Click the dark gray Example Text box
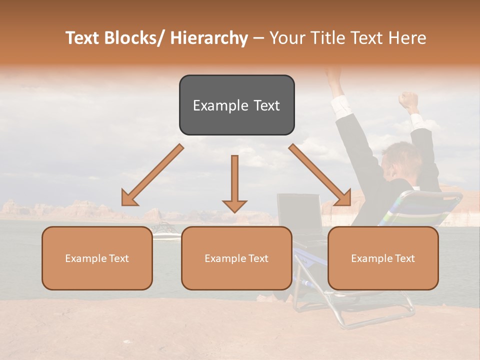point(236,105)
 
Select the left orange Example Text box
point(97,258)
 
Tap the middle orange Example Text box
point(236,258)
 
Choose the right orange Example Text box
point(383,258)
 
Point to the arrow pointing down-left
point(152,175)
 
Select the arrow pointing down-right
point(320,175)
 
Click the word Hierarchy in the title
point(209,38)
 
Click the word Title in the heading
point(324,38)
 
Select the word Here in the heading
point(408,38)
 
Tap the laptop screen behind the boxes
point(299,212)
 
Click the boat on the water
point(164,230)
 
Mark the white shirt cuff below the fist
point(416,120)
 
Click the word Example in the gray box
point(214,105)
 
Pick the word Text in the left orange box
point(119,258)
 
